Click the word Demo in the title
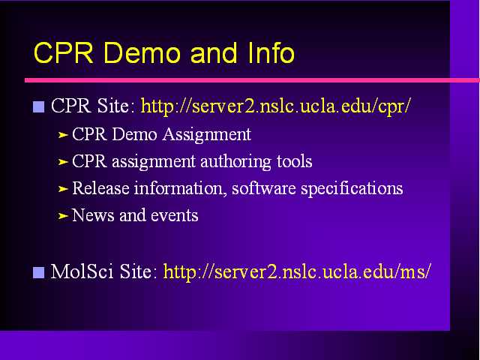pyautogui.click(x=142, y=52)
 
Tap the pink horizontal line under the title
pyautogui.click(x=252, y=80)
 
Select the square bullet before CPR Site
pyautogui.click(x=38, y=106)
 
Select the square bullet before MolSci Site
pyautogui.click(x=38, y=272)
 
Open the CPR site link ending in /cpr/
pyautogui.click(x=275, y=106)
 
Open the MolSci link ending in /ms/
pyautogui.click(x=297, y=271)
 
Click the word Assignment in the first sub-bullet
pyautogui.click(x=207, y=135)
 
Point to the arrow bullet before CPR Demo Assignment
pyautogui.click(x=63, y=135)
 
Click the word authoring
pyautogui.click(x=235, y=162)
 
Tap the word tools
pyautogui.click(x=295, y=161)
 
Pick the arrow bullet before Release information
pyautogui.click(x=63, y=189)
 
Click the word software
pyautogui.click(x=264, y=188)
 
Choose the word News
pyautogui.click(x=93, y=215)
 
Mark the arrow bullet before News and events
pyautogui.click(x=63, y=216)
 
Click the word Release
pyautogui.click(x=100, y=188)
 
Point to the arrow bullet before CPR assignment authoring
pyautogui.click(x=63, y=162)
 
